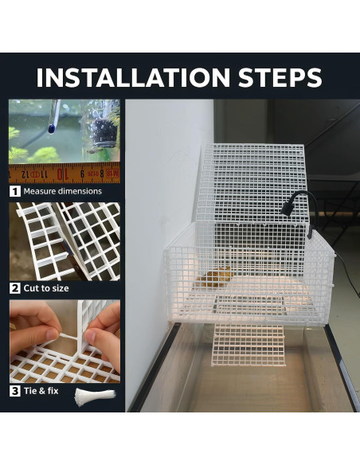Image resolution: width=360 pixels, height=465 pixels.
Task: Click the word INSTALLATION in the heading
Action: click(x=133, y=77)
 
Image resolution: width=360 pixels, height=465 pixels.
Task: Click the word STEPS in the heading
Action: click(x=280, y=77)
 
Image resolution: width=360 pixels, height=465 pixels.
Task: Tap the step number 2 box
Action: click(x=15, y=288)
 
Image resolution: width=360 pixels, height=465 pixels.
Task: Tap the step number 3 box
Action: click(x=15, y=391)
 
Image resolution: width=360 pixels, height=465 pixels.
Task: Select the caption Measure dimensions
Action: click(x=63, y=191)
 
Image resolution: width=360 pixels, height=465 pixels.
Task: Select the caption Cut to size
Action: click(x=46, y=288)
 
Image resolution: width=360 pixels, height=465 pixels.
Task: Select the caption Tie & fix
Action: click(x=41, y=391)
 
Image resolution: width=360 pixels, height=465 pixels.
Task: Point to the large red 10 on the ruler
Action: click(x=61, y=174)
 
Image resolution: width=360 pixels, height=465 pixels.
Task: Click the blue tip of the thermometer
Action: click(x=51, y=129)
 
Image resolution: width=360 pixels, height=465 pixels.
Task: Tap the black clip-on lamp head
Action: click(x=287, y=209)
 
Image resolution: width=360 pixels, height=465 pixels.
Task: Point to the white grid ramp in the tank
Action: click(x=248, y=345)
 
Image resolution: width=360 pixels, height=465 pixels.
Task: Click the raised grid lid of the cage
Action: click(x=252, y=184)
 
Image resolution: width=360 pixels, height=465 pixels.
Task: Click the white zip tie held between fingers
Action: click(x=69, y=336)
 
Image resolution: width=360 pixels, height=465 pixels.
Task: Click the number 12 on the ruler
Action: click(x=25, y=174)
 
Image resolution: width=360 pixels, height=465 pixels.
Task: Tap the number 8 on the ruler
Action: click(x=102, y=174)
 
